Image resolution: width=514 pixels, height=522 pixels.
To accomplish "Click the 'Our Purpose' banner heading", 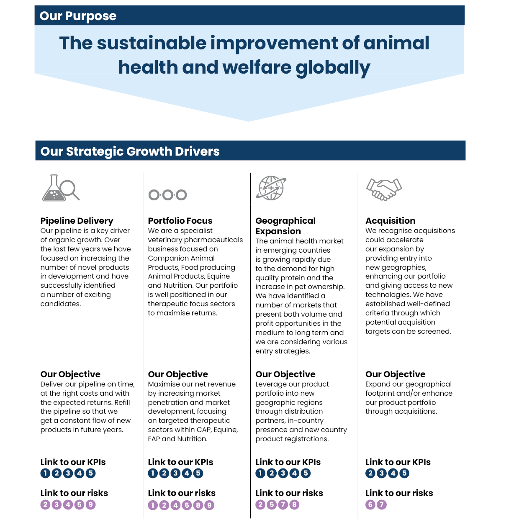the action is pos(78,16).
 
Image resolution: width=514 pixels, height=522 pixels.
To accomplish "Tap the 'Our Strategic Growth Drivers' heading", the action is pos(130,151).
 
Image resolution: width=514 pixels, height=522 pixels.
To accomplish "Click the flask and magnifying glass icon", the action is pos(61,188).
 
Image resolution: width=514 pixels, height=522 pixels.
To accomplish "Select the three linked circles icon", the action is pos(167,195).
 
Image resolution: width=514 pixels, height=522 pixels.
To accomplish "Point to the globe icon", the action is pos(271,188).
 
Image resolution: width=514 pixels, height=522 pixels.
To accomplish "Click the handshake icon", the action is pos(384,189).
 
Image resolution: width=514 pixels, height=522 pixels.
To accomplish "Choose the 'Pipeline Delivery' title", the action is pos(77,221).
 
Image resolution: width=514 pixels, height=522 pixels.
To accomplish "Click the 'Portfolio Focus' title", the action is pos(180,221).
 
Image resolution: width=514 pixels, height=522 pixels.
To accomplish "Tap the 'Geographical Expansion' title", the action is pos(285,226).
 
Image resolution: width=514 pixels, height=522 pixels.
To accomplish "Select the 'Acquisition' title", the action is pos(391,221).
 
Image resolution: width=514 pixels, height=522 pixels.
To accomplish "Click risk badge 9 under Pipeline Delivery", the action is pos(90,504).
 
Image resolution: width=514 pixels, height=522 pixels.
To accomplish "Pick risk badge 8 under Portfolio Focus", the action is pos(198,505).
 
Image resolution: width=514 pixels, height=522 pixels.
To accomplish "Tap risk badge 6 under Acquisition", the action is pos(370,504).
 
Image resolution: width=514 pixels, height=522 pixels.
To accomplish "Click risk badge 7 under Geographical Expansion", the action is pos(283,504).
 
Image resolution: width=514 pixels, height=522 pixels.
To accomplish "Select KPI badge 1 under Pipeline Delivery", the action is pos(45,473).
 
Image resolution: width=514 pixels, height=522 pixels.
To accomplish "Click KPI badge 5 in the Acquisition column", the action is pos(404,473).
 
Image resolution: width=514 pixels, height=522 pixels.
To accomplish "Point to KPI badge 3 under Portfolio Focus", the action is pos(175,473).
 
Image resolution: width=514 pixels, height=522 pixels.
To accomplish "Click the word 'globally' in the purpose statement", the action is pos(333,68).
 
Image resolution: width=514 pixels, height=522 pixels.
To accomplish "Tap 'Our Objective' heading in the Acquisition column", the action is pos(395,374).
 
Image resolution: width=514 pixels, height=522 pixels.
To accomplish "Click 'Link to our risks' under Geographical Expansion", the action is pos(289,493).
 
